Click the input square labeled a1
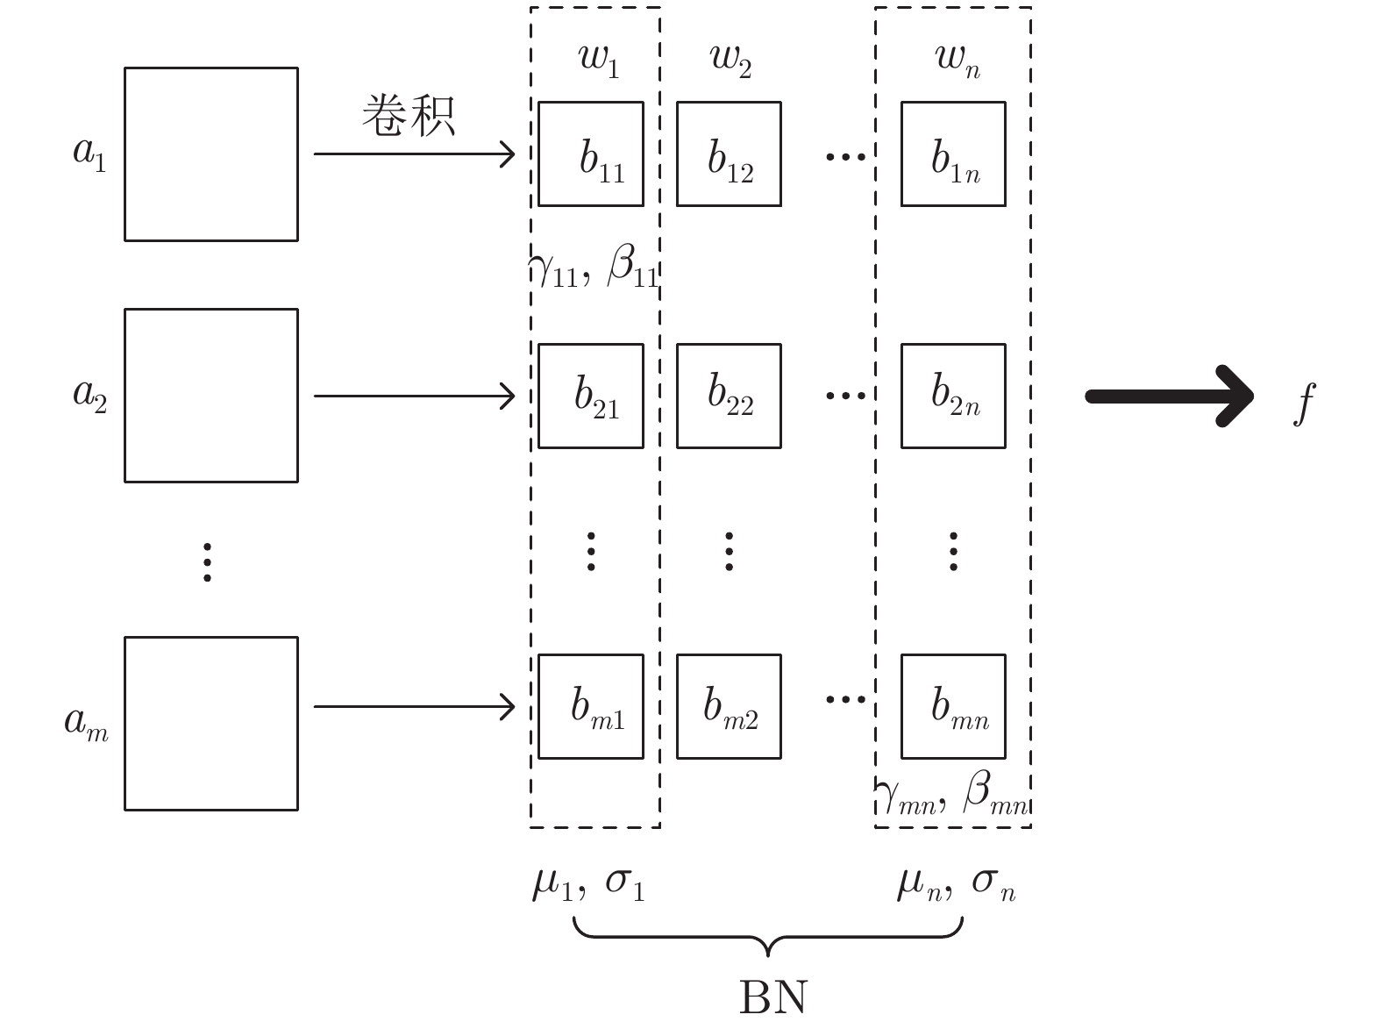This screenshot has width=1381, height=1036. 210,154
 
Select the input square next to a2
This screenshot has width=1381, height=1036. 210,395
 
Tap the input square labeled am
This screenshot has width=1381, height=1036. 210,723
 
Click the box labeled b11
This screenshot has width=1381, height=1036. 590,154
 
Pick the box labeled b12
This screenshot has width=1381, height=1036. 729,154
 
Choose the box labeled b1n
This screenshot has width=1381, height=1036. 953,154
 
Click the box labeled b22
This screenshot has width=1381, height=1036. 729,396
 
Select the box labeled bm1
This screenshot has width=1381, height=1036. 590,706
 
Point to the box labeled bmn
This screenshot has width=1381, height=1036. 953,706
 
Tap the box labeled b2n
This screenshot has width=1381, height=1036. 953,396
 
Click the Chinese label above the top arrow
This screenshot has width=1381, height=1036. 409,116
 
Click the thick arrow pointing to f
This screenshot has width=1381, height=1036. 1170,397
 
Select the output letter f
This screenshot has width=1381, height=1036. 1305,403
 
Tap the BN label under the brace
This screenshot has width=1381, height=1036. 772,997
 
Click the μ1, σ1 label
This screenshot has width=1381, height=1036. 588,883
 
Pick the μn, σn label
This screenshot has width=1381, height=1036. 955,883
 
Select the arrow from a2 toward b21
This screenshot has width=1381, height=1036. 414,397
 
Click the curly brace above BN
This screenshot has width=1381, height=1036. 768,934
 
